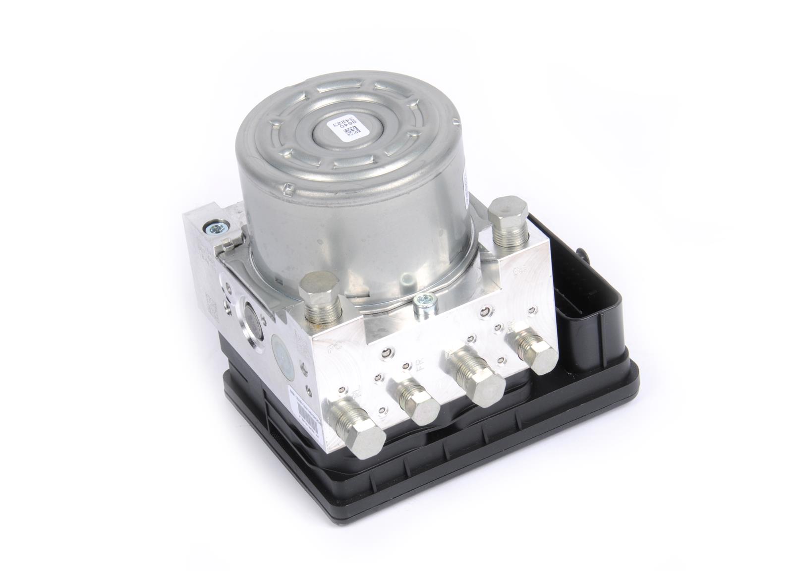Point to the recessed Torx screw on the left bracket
[x=217, y=229]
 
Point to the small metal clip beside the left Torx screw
[x=229, y=244]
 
